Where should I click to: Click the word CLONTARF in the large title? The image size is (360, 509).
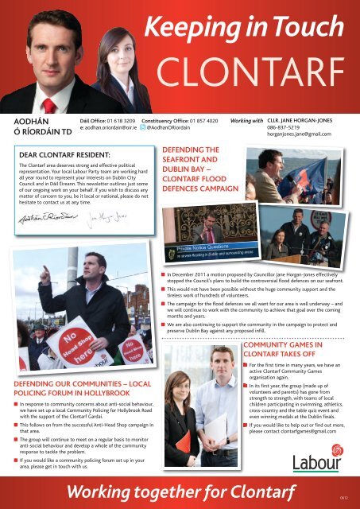pos(250,60)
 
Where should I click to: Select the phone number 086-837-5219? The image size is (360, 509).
pos(288,126)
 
